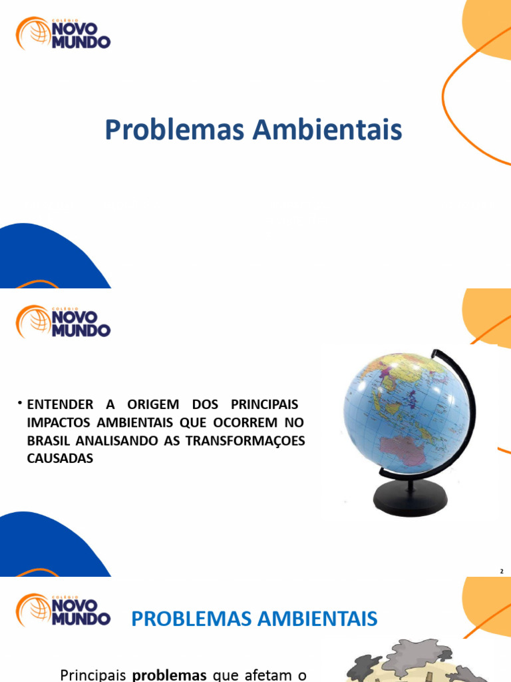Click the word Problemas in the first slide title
[x=175, y=130]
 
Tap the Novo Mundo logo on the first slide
[x=63, y=33]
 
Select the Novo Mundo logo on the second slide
[x=63, y=321]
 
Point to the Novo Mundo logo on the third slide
[x=63, y=609]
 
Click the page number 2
[x=502, y=571]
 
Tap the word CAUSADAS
[x=60, y=459]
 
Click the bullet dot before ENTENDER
[x=20, y=404]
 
